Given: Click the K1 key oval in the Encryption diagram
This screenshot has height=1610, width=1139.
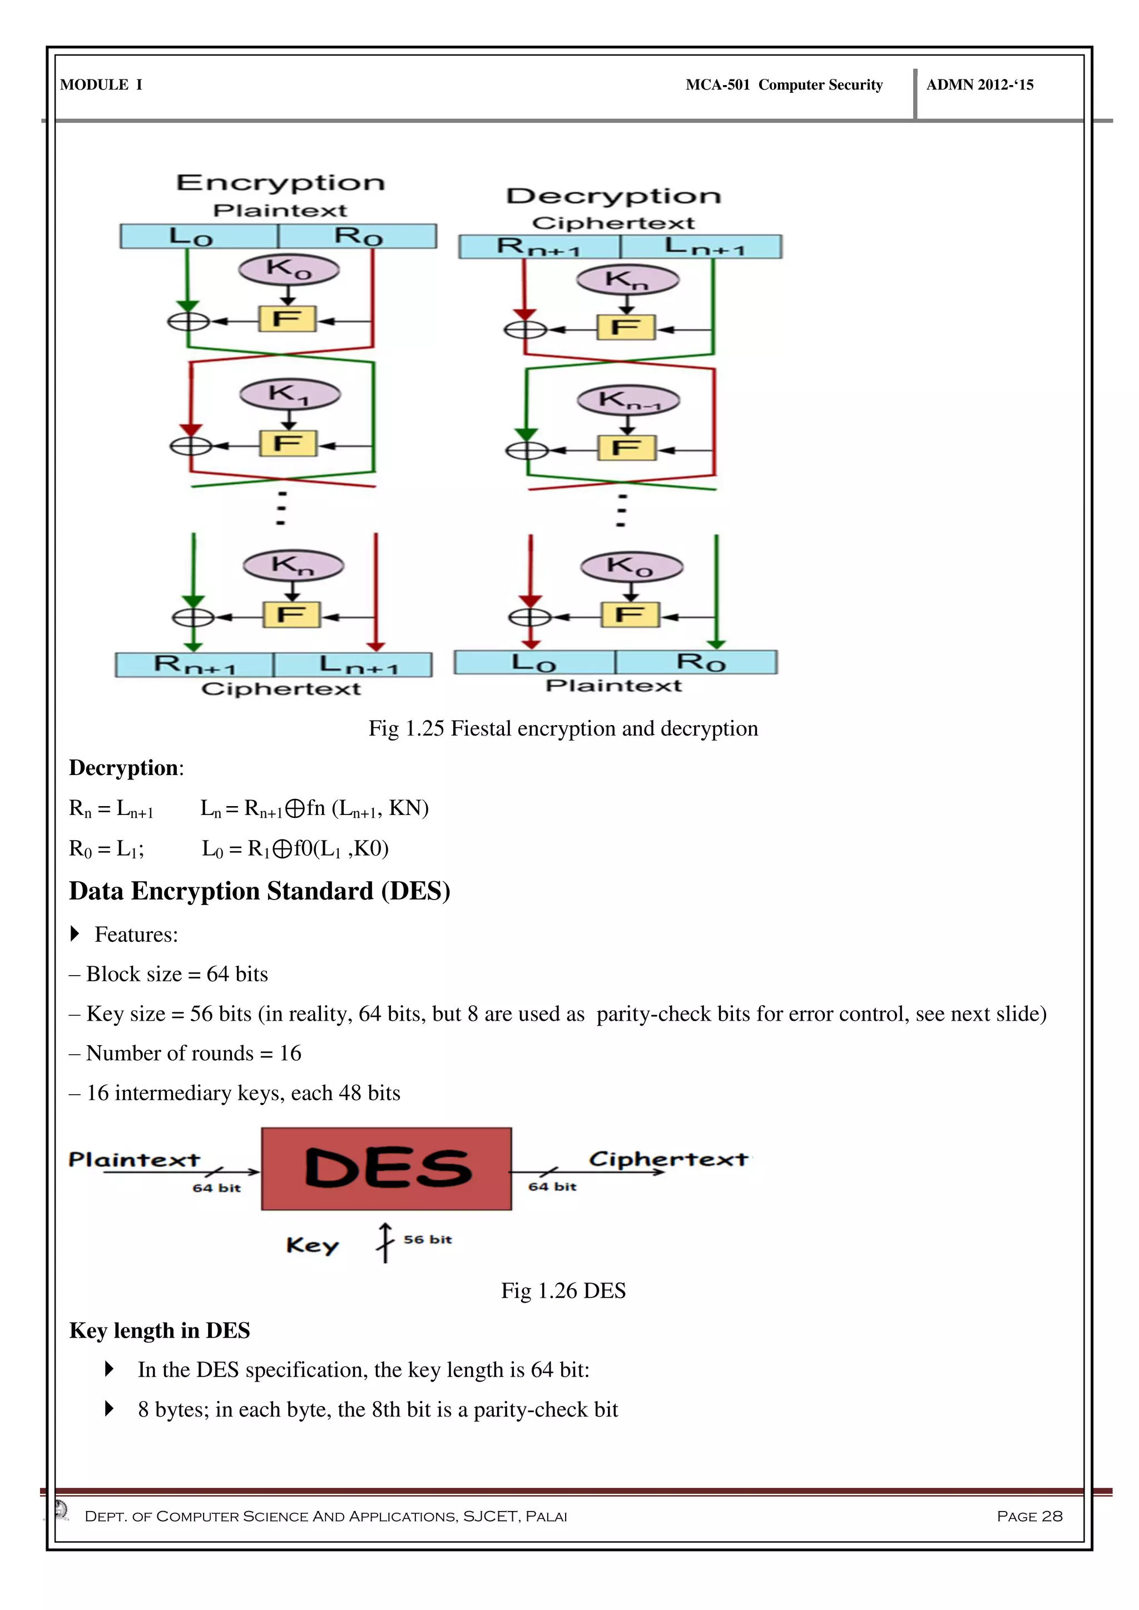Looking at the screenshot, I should [x=290, y=394].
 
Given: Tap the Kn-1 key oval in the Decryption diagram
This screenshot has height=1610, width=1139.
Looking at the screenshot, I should [x=628, y=400].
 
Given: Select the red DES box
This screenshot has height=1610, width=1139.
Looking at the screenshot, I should [x=387, y=1168].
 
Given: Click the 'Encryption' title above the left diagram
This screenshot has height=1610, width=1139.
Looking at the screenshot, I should [x=280, y=183].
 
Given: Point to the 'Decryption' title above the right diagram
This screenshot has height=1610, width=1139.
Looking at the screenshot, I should [x=613, y=196].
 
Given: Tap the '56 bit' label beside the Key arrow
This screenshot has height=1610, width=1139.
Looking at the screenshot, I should [x=428, y=1240].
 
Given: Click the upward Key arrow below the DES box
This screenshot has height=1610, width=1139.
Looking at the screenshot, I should [x=385, y=1242].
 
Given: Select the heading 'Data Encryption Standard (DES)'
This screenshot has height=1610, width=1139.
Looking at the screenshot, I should [x=260, y=891].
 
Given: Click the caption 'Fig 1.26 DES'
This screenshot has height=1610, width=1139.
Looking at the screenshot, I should [x=563, y=1290].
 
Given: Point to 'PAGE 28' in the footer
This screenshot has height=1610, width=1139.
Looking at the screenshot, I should [x=1029, y=1516].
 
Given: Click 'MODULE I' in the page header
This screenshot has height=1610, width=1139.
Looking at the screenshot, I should [x=102, y=85].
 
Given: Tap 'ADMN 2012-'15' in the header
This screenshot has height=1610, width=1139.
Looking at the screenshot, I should [x=980, y=85].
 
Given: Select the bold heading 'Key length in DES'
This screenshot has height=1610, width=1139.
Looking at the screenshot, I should [x=160, y=1330].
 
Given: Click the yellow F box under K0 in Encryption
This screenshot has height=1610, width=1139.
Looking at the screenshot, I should [x=288, y=320].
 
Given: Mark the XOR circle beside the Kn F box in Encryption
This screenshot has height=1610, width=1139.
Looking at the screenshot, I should [x=193, y=617].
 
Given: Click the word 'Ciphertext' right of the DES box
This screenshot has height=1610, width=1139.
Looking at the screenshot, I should [x=668, y=1159].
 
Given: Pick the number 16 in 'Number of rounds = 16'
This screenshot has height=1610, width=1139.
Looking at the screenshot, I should [x=290, y=1054].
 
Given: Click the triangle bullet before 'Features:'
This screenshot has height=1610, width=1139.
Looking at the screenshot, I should [x=76, y=934].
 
